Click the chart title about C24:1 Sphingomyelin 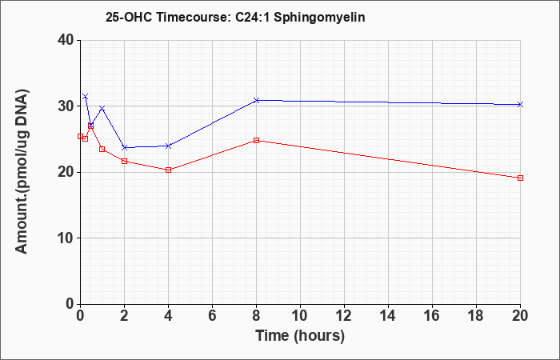[235, 17]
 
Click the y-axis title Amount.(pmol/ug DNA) [22, 171]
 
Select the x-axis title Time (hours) [300, 336]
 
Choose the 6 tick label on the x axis [212, 316]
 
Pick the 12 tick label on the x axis [344, 316]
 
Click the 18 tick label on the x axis [476, 316]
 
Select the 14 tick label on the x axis [388, 316]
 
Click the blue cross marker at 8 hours [256, 100]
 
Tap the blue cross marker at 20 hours [520, 104]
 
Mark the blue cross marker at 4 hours [168, 146]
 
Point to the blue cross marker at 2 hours [124, 147]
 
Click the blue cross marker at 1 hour [102, 108]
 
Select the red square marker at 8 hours [256, 140]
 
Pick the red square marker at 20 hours [520, 178]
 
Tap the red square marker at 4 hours [168, 170]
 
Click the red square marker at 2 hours [124, 161]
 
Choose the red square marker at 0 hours [80, 137]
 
